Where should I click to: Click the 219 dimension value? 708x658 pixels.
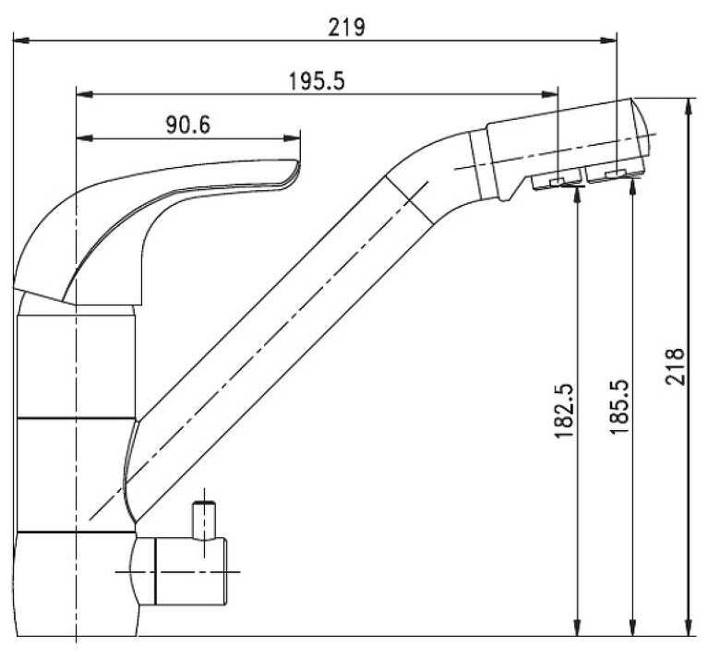(346, 27)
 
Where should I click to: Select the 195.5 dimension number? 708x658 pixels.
(317, 81)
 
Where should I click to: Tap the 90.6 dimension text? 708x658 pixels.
(188, 125)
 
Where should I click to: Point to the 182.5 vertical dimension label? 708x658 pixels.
(564, 411)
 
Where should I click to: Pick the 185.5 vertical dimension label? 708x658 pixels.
(619, 407)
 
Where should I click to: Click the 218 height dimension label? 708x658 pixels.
(675, 366)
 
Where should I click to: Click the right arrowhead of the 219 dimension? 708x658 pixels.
(608, 41)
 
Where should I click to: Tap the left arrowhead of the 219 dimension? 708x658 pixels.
(21, 41)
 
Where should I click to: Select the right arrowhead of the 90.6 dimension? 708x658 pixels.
(292, 138)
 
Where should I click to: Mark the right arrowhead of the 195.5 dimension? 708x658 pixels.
(550, 94)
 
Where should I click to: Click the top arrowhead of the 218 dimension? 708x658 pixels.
(689, 107)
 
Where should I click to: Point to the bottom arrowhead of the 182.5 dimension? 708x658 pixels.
(577, 628)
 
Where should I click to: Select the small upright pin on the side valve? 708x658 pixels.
(204, 520)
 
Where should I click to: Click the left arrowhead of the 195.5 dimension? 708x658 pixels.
(85, 94)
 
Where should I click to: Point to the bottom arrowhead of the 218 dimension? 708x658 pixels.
(689, 628)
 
